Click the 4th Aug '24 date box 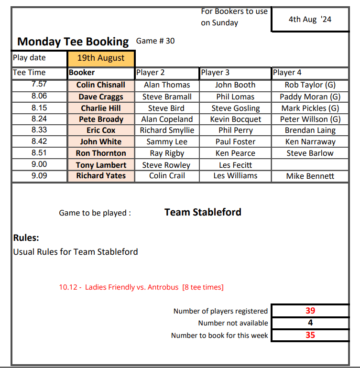click(310, 20)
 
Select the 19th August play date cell click(101, 58)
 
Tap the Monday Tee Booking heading click(73, 42)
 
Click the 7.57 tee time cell click(39, 85)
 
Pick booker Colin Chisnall click(101, 85)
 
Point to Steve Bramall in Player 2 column click(167, 97)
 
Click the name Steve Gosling click(235, 108)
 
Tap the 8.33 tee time click(39, 130)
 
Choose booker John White click(101, 141)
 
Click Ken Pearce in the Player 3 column click(235, 153)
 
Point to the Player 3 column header click(215, 73)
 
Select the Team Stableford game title click(203, 212)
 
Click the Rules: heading click(26, 238)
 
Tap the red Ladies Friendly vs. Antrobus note click(141, 287)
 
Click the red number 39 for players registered click(310, 311)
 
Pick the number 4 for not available click(310, 323)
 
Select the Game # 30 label click(155, 41)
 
